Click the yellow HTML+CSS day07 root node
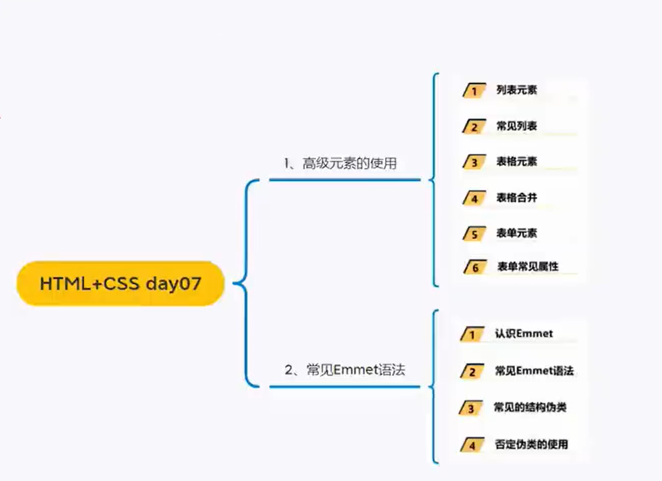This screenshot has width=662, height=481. (120, 283)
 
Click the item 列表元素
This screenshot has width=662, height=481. (516, 90)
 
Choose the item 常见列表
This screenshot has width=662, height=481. (516, 125)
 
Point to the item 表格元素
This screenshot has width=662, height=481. (516, 161)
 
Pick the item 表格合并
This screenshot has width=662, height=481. (516, 198)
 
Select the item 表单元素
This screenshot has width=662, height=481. (516, 233)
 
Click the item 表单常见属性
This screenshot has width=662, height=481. (528, 266)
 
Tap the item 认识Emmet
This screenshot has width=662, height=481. (524, 334)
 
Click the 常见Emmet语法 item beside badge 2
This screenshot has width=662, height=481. (534, 371)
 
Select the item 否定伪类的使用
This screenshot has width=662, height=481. (531, 444)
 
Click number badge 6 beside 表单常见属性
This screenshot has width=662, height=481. (475, 267)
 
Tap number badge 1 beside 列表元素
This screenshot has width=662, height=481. (475, 90)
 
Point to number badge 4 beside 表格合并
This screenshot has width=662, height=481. (475, 198)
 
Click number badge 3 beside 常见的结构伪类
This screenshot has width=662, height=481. (472, 408)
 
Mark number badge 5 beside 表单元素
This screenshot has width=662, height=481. (475, 234)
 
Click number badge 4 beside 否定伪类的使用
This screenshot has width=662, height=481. (473, 445)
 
